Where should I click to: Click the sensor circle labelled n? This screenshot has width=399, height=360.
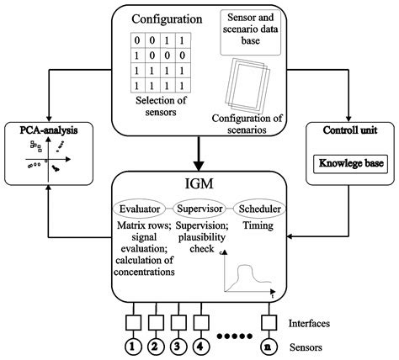coord(267,344)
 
